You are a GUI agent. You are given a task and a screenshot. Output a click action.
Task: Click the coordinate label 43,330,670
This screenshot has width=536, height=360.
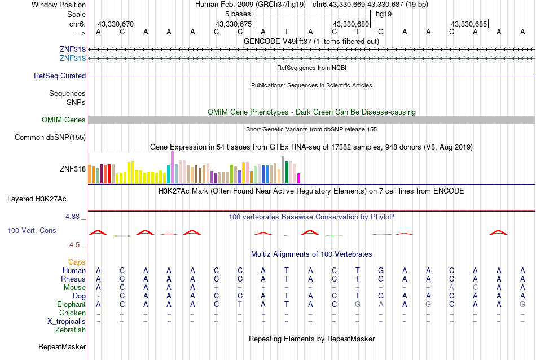click(x=116, y=24)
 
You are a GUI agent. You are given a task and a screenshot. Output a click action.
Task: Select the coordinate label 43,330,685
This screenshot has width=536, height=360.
click(x=468, y=24)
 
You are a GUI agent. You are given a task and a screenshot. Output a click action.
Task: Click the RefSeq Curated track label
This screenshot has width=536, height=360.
click(x=60, y=76)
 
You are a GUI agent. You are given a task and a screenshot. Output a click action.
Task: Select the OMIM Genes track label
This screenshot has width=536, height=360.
click(x=64, y=120)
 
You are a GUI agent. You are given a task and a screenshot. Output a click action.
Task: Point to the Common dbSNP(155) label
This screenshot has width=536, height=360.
click(x=50, y=137)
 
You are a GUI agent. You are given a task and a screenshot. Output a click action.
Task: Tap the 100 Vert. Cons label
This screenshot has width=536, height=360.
click(x=32, y=230)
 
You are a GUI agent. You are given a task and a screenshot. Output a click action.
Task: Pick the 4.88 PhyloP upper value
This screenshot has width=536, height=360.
click(x=74, y=216)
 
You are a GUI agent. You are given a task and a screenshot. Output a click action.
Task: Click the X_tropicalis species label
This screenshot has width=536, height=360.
click(x=67, y=321)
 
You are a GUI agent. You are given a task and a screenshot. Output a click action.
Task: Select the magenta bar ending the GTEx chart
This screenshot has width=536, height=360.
click(x=299, y=178)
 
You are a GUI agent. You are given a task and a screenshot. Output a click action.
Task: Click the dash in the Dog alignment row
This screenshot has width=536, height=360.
click(x=99, y=296)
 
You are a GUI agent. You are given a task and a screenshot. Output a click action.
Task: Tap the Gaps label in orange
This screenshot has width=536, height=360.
click(x=77, y=262)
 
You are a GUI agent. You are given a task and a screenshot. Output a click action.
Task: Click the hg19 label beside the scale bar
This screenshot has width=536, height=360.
click(x=384, y=14)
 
